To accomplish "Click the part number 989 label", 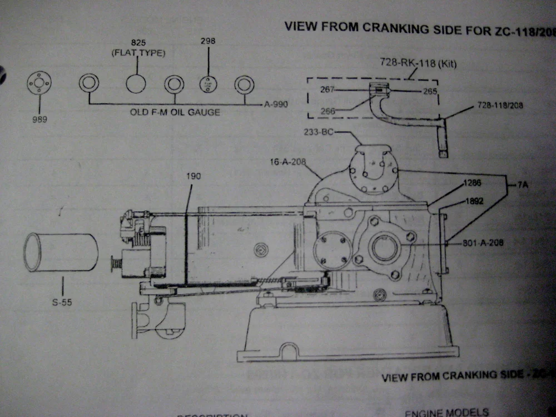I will point(40,118).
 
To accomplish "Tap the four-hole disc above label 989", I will point(39,83).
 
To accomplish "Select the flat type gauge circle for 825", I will point(136,84).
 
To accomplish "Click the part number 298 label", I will point(209,41).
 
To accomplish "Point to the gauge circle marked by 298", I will point(209,84).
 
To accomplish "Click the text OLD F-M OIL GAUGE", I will point(175,112).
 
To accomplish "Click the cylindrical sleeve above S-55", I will point(61,252).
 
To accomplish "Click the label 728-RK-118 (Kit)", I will point(418,63).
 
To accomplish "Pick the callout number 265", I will point(430,91).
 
